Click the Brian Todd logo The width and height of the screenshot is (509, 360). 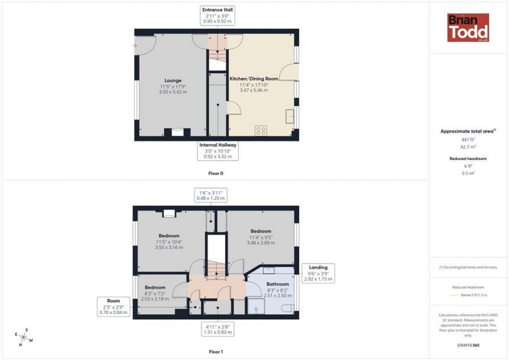[x=468, y=28]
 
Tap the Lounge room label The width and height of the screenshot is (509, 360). [x=173, y=80]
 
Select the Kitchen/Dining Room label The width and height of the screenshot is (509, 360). [x=254, y=79]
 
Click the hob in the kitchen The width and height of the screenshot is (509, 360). [x=261, y=131]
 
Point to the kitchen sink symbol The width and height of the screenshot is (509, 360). [x=290, y=116]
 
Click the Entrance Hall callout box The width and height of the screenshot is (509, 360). [x=218, y=15]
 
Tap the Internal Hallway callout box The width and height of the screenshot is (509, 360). [x=218, y=151]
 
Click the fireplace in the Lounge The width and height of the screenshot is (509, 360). [x=177, y=132]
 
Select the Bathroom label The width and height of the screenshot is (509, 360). [x=278, y=284]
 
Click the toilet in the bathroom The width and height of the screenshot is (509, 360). [x=288, y=308]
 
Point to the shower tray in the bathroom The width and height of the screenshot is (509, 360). [x=256, y=306]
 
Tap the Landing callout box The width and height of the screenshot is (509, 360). [x=318, y=273]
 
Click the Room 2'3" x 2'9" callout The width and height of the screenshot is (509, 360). [x=114, y=307]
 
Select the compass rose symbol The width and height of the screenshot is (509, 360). [x=24, y=337]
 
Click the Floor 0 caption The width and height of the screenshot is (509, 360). [x=216, y=174]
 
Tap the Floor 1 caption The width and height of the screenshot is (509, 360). [x=216, y=352]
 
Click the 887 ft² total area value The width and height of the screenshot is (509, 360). [x=468, y=140]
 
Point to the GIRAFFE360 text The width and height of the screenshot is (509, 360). [x=468, y=345]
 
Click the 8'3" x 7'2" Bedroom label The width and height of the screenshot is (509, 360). [x=155, y=293]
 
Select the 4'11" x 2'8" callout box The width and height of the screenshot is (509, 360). [x=218, y=330]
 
